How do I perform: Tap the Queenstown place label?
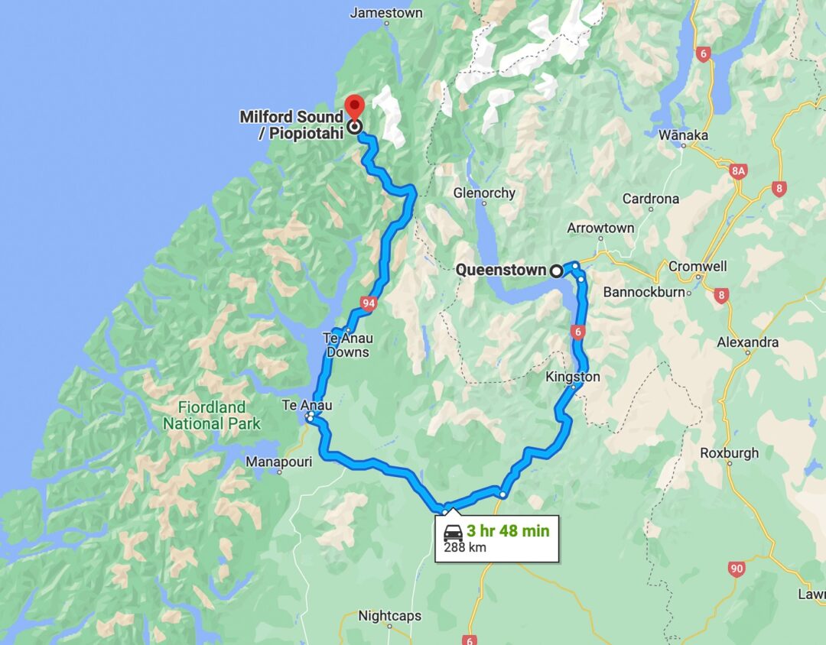click(x=500, y=270)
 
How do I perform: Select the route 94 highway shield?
click(x=369, y=304)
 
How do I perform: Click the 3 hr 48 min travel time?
click(x=508, y=530)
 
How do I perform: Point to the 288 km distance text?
click(x=464, y=547)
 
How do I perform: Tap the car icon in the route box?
click(x=452, y=532)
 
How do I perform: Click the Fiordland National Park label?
click(x=211, y=415)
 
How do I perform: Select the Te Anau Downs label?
click(x=347, y=345)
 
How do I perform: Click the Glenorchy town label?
click(x=484, y=193)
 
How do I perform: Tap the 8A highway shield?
click(x=738, y=171)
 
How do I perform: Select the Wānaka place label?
click(x=683, y=135)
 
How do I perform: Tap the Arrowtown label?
click(x=600, y=228)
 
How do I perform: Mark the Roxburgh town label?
click(x=729, y=452)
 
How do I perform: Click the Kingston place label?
click(x=573, y=377)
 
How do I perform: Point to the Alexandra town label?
click(x=747, y=342)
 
